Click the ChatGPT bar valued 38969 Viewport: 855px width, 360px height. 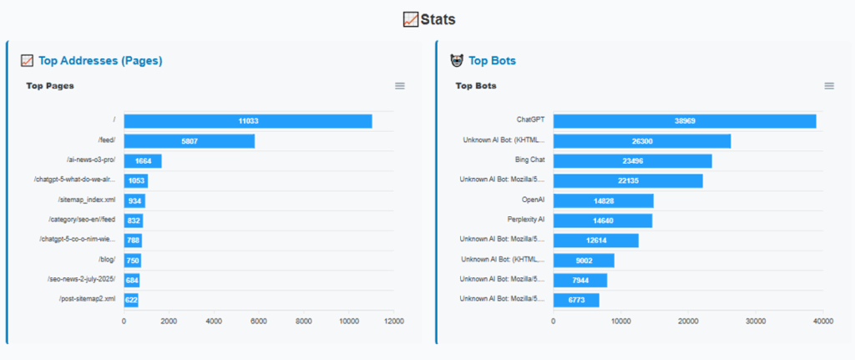[685, 121]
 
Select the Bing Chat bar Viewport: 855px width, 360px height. [632, 161]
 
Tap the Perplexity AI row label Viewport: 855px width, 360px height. [526, 221]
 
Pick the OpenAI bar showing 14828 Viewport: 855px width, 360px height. [603, 200]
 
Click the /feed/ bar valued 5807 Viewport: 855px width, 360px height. [190, 141]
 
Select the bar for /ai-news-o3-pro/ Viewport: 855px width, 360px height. [143, 161]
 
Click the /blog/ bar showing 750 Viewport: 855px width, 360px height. [133, 260]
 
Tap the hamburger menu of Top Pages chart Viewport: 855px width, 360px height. [400, 85]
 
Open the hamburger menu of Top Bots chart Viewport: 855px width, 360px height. [829, 85]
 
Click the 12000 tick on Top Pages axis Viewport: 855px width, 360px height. [393, 320]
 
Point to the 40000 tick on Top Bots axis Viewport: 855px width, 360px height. [822, 320]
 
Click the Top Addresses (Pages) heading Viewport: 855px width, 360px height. [100, 60]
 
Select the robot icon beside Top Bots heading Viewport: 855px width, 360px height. [457, 60]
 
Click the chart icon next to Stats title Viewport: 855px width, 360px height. [411, 19]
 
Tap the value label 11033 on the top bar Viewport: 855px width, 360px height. [248, 121]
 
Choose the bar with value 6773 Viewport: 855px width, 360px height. [576, 299]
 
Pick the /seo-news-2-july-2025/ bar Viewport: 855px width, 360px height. [132, 279]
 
